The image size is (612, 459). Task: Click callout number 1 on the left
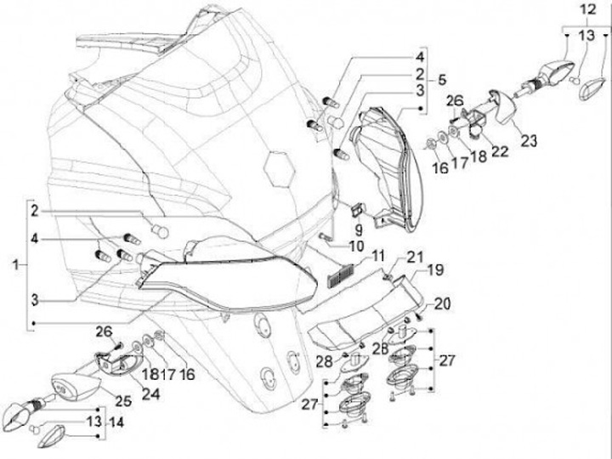click(16, 266)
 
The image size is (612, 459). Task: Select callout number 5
click(441, 79)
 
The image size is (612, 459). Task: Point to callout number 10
click(356, 246)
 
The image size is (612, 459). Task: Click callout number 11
click(377, 254)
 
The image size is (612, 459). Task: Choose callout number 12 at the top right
click(589, 10)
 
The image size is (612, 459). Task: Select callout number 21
click(413, 258)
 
